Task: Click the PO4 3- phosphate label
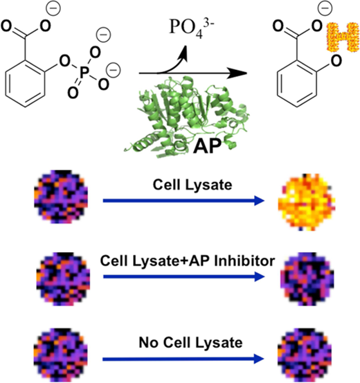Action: (x=191, y=28)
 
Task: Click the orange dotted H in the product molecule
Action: (x=343, y=37)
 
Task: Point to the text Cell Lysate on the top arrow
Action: (x=192, y=185)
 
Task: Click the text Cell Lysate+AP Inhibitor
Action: (x=188, y=261)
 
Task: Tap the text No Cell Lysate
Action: (x=190, y=342)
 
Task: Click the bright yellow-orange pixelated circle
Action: (x=307, y=202)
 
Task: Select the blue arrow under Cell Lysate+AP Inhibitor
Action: (x=184, y=277)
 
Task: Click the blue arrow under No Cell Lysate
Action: (x=183, y=359)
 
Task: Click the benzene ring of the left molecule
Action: (x=25, y=83)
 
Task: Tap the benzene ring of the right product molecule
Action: (x=297, y=83)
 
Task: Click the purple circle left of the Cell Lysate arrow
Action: (x=61, y=197)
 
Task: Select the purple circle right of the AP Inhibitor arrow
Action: (x=307, y=279)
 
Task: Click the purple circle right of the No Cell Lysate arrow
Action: (x=305, y=355)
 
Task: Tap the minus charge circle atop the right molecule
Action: (x=325, y=8)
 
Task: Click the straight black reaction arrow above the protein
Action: (x=193, y=73)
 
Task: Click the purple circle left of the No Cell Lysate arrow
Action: (x=60, y=355)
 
